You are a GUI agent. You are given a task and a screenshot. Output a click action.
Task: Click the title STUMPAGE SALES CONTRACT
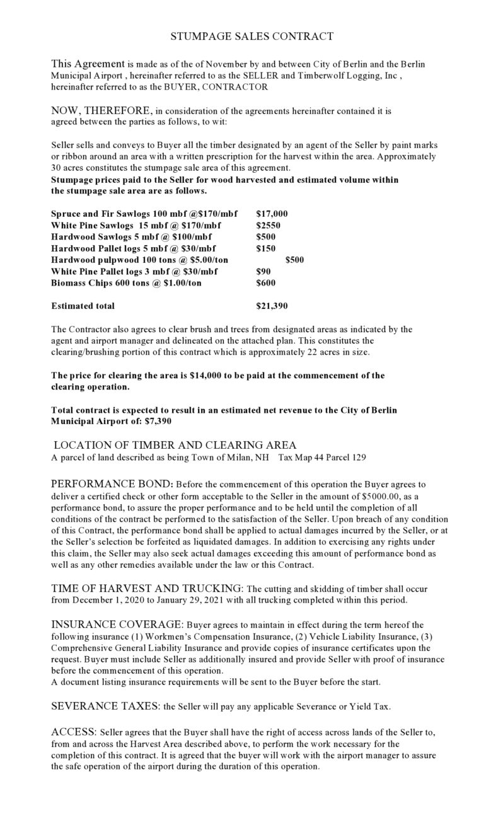252,37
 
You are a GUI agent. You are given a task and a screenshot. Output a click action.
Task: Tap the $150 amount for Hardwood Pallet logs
265,248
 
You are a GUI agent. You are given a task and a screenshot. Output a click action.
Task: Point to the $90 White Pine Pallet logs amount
263,272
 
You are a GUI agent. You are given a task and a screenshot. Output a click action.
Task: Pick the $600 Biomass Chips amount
265,283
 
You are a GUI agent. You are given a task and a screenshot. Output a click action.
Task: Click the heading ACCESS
72,732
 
